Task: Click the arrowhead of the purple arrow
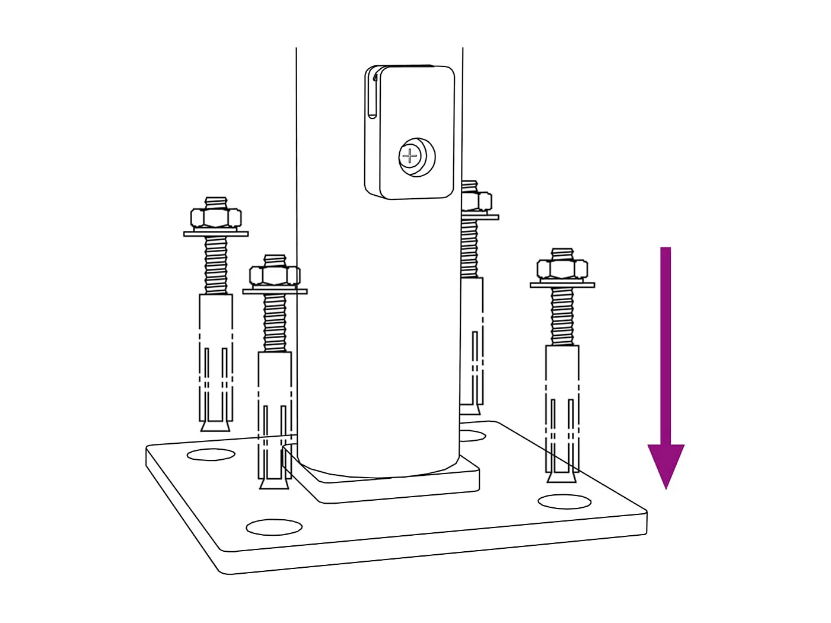(x=666, y=463)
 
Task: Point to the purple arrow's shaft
(x=666, y=344)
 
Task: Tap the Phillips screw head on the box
(x=411, y=157)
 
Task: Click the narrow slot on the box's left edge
(x=371, y=95)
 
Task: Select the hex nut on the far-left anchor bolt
(x=216, y=218)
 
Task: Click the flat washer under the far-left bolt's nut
(x=216, y=234)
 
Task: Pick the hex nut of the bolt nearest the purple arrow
(x=562, y=269)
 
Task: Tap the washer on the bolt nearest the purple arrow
(x=562, y=285)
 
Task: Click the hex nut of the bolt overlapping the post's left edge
(x=275, y=276)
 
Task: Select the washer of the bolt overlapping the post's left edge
(x=275, y=291)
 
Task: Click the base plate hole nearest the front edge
(x=274, y=526)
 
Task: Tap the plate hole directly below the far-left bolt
(x=211, y=455)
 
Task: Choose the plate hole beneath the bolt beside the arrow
(x=565, y=502)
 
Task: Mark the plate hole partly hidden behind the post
(x=473, y=437)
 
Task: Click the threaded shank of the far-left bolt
(x=216, y=264)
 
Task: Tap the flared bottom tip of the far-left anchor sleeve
(x=215, y=425)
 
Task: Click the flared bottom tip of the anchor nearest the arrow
(x=561, y=476)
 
